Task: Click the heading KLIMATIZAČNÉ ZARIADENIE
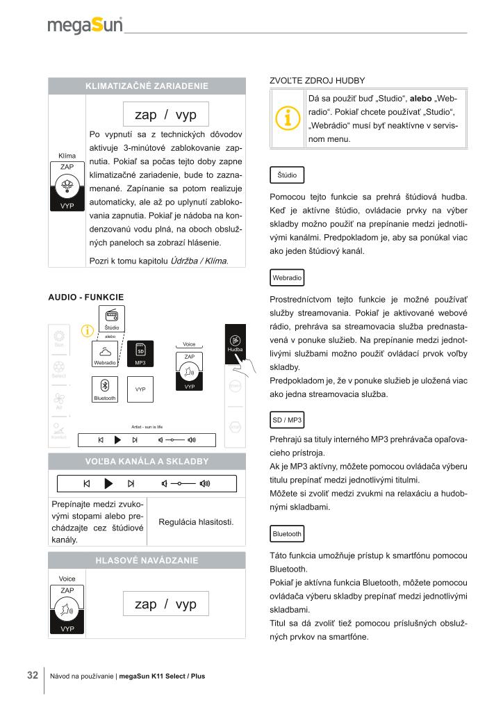146,86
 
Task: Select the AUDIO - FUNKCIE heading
85,297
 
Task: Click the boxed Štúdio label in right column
286,175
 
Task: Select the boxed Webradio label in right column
287,277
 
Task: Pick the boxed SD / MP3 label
286,420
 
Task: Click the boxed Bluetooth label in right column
287,534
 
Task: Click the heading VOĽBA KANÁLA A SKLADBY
146,461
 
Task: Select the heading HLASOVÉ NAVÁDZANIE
146,560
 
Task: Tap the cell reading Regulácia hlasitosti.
197,521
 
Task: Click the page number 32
33,675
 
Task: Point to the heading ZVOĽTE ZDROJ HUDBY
317,80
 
